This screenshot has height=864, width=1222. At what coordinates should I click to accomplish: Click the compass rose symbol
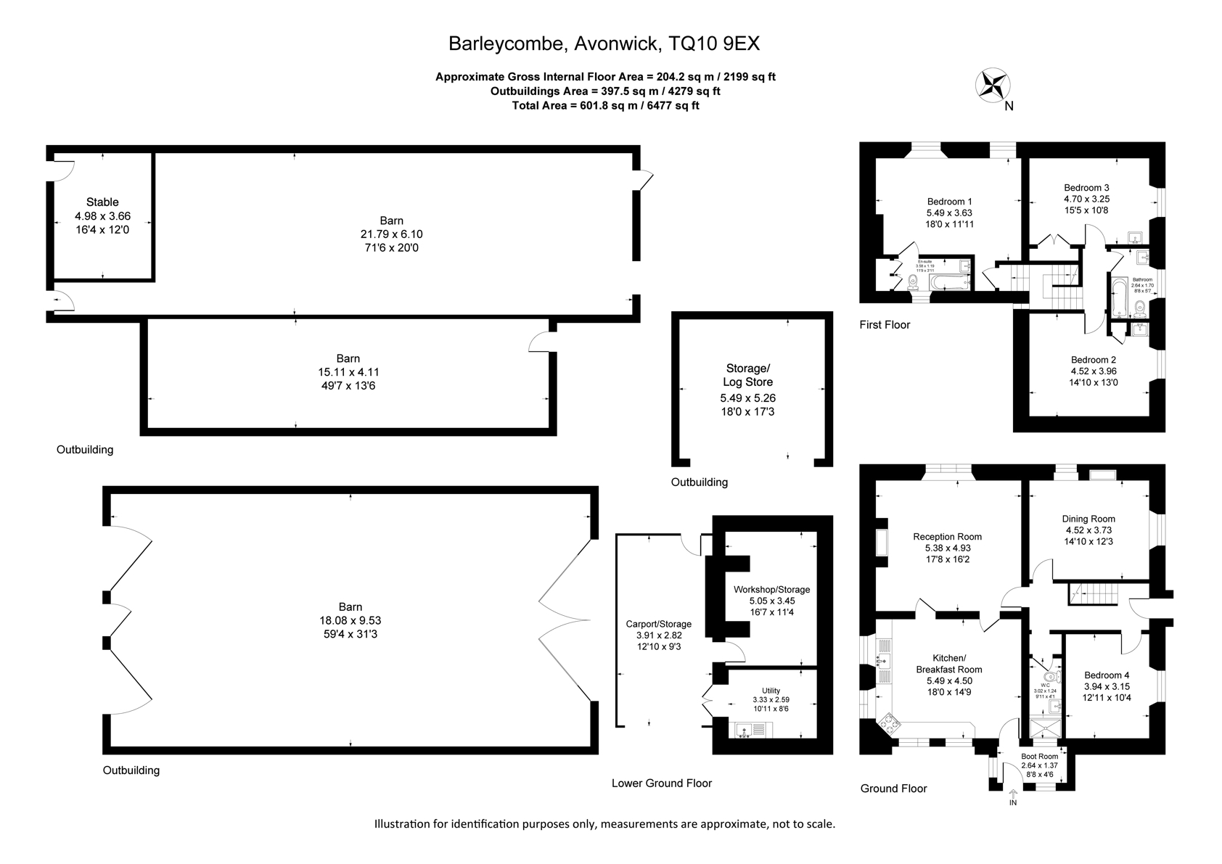(x=992, y=84)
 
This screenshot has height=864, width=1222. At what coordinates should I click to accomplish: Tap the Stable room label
(x=102, y=202)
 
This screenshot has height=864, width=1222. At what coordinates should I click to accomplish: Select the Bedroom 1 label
(x=949, y=202)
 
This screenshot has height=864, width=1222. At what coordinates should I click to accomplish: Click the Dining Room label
(x=1088, y=519)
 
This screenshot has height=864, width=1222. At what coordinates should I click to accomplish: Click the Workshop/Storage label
(x=771, y=589)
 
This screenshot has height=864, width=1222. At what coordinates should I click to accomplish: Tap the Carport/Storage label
(x=658, y=624)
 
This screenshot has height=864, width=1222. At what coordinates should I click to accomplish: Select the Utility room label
(x=771, y=691)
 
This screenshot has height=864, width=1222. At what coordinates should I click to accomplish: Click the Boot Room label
(x=1039, y=757)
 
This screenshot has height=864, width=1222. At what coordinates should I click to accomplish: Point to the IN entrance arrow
(x=1013, y=794)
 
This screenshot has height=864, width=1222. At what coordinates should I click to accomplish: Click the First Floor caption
(x=885, y=325)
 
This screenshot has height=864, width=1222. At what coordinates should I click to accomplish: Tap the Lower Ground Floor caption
(x=661, y=783)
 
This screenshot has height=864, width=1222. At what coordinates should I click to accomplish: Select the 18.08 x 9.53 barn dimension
(x=350, y=620)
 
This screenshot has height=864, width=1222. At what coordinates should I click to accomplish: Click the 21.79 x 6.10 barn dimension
(x=391, y=234)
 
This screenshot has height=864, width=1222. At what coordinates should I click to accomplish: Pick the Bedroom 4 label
(x=1107, y=675)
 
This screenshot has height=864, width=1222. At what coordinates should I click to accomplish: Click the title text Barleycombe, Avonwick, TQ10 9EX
(x=604, y=44)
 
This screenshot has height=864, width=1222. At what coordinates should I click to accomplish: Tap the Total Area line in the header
(x=605, y=106)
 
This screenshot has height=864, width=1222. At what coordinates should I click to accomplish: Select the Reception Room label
(x=947, y=537)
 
